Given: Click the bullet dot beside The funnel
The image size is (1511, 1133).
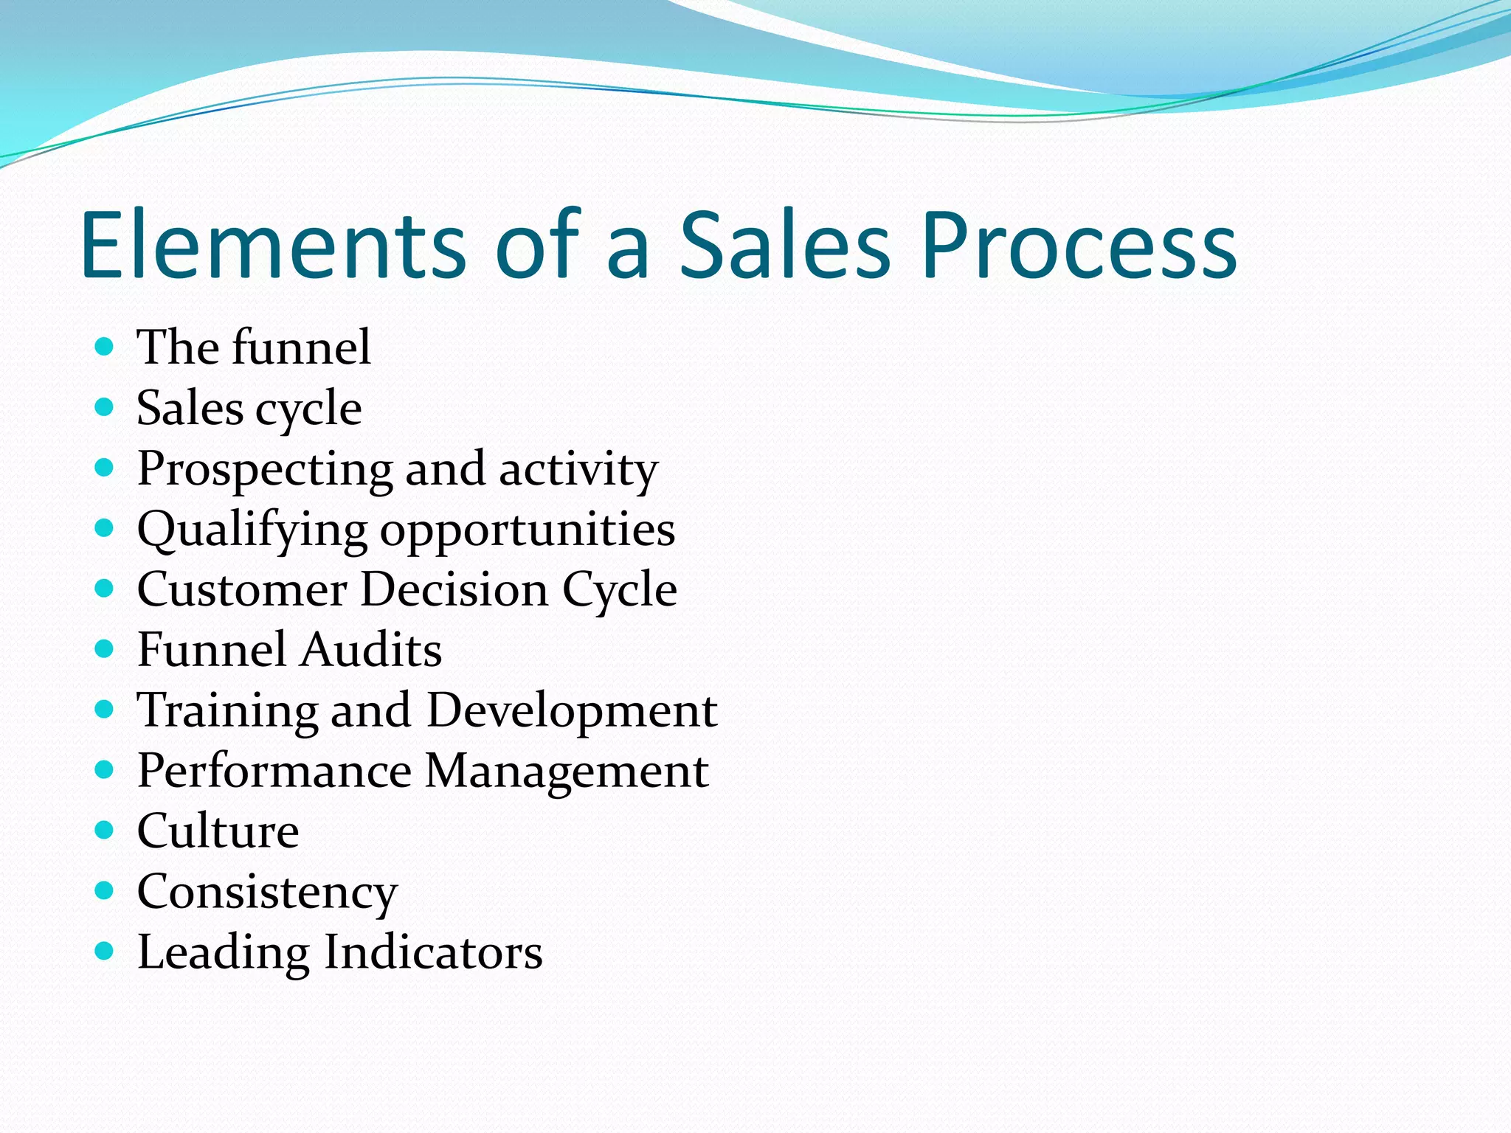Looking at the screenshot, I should [105, 346].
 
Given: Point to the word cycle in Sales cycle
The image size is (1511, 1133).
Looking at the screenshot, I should [310, 410].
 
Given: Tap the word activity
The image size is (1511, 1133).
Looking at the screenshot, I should [578, 469].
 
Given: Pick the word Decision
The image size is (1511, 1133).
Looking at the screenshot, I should [454, 590].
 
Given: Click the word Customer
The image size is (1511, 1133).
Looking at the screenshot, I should [242, 590].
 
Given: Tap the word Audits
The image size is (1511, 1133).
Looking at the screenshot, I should [372, 651].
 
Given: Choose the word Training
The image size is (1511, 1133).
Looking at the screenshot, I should [227, 712].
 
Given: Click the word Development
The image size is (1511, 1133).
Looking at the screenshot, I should [572, 712].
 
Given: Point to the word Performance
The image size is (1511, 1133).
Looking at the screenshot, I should [274, 772].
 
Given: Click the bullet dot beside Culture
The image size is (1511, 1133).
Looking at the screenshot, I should [105, 830].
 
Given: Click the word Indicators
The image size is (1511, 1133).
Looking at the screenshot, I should [433, 952].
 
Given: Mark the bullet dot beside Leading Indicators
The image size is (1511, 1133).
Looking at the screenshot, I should [105, 951].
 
